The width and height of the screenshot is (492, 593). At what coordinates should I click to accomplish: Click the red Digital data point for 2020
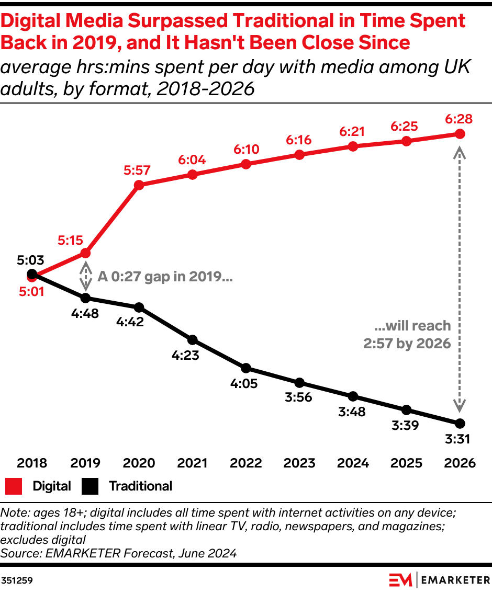point(139,185)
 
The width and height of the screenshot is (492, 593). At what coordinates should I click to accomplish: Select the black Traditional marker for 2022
point(246,368)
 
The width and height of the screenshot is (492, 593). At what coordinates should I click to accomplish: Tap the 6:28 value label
point(460,119)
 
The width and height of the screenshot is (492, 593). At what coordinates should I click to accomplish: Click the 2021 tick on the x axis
point(192,463)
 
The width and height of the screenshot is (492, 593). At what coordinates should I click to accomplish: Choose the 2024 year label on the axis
point(353,463)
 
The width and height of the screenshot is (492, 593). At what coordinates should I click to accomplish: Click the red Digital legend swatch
point(14,486)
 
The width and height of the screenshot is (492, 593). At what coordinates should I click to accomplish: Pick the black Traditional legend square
point(91,486)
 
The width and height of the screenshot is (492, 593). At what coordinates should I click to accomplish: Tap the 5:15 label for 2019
point(71,240)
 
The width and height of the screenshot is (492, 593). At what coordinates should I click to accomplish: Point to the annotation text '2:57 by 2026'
point(408,344)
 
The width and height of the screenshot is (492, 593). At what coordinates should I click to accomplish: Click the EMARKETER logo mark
point(400,580)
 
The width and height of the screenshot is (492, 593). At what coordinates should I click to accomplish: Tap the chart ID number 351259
point(17,580)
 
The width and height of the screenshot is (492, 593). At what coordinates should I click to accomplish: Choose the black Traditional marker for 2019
point(86,298)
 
